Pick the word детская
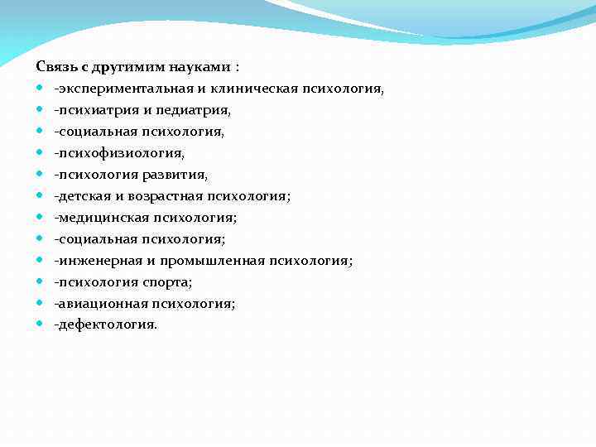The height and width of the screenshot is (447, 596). click(x=80, y=195)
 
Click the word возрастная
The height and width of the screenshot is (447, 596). click(x=158, y=195)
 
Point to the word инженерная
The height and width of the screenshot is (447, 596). click(x=94, y=260)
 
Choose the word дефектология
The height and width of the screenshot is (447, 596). click(x=105, y=324)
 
